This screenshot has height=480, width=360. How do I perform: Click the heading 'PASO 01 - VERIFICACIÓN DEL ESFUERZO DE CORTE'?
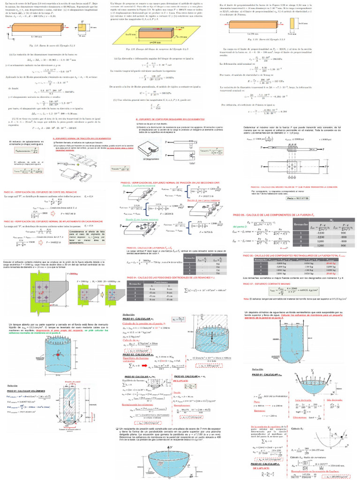pos(32,192)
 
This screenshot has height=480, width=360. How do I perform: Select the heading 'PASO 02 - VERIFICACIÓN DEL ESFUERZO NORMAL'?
pos(42,220)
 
